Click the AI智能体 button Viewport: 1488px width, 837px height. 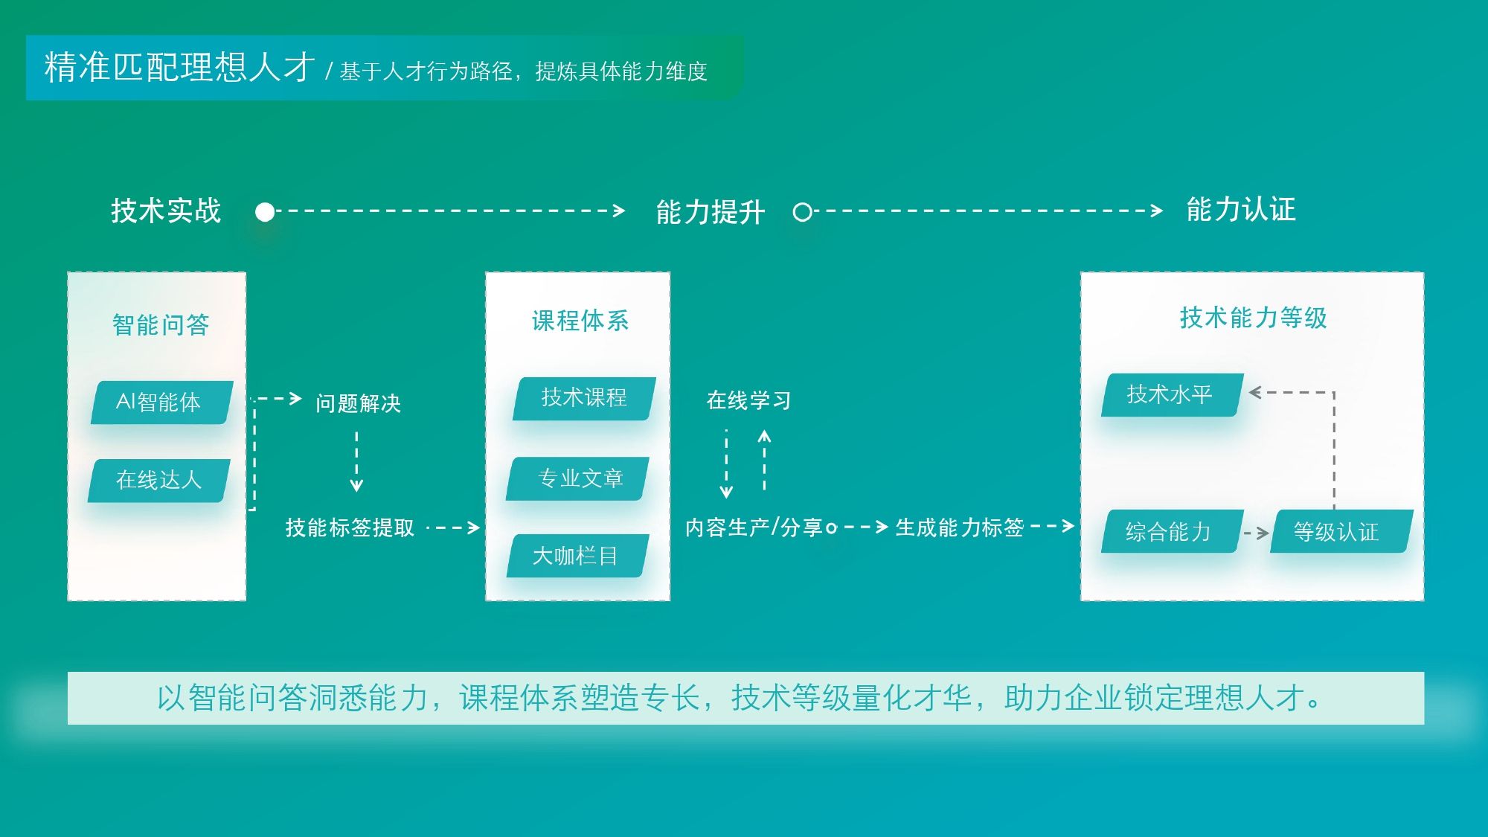pyautogui.click(x=162, y=403)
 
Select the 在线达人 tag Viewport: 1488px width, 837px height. pyautogui.click(x=159, y=481)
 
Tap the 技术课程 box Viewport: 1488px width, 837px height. pyautogui.click(x=584, y=399)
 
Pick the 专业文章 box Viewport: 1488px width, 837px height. pyautogui.click(x=578, y=478)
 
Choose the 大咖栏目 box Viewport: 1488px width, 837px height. pyautogui.click(x=578, y=556)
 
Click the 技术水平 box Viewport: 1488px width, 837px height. pyautogui.click(x=1173, y=394)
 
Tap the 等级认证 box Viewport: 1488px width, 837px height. pyautogui.click(x=1341, y=531)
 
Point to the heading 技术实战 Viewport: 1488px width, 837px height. pyautogui.click(x=166, y=211)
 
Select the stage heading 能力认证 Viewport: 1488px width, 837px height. pyautogui.click(x=1241, y=210)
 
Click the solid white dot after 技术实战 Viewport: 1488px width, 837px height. pyautogui.click(x=265, y=213)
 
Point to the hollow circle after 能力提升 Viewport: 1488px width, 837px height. pyautogui.click(x=802, y=213)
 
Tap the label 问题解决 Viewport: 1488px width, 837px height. pyautogui.click(x=359, y=403)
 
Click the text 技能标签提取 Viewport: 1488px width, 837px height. pyautogui.click(x=350, y=527)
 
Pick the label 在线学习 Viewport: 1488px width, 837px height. pyautogui.click(x=749, y=400)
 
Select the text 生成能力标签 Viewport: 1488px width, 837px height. pyautogui.click(x=960, y=527)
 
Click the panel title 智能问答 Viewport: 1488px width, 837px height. pyautogui.click(x=161, y=325)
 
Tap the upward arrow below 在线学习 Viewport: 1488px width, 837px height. pyautogui.click(x=764, y=461)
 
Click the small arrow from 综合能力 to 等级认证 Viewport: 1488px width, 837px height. pyautogui.click(x=1257, y=533)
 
